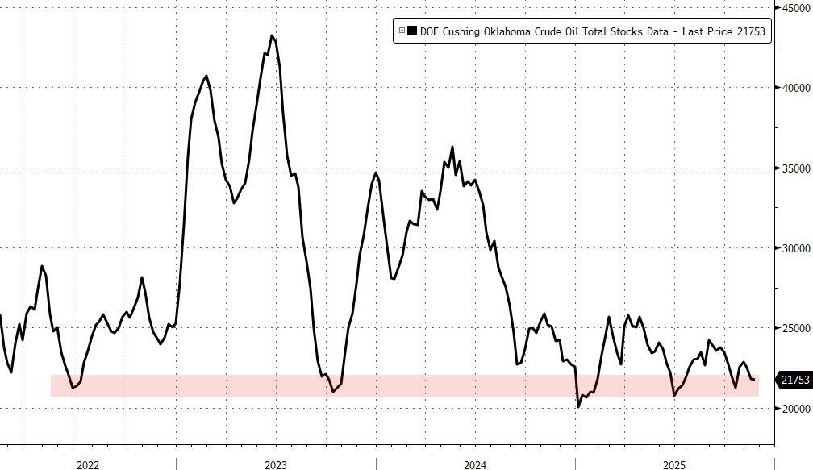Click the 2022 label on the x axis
coord(88,464)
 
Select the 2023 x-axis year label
coord(275,464)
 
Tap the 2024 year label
coord(475,464)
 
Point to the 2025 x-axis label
coord(675,464)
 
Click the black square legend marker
coord(412,31)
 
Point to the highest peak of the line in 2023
coord(273,35)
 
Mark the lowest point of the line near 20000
coord(578,407)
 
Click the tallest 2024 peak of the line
coord(452,147)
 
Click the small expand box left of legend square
coord(402,31)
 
